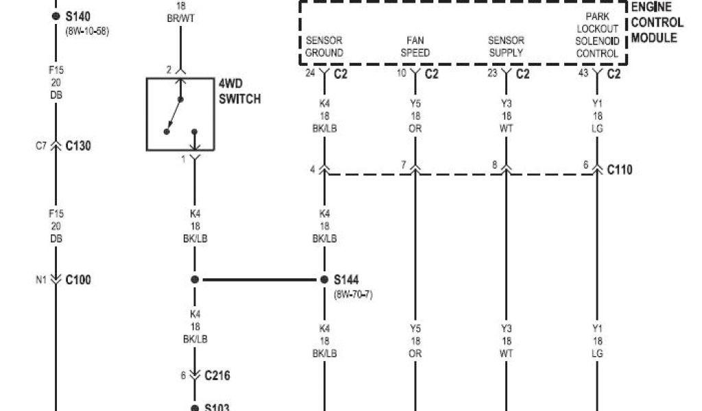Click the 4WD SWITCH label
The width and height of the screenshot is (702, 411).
pyautogui.click(x=239, y=92)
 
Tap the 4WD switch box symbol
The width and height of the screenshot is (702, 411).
pyautogui.click(x=180, y=114)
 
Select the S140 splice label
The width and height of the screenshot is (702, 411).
pyautogui.click(x=78, y=16)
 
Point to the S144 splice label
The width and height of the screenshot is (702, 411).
pyautogui.click(x=346, y=279)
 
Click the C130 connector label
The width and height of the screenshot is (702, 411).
pyautogui.click(x=78, y=146)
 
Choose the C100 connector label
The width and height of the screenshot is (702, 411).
pyautogui.click(x=78, y=279)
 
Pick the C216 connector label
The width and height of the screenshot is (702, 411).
pyautogui.click(x=217, y=375)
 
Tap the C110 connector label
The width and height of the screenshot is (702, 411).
pyautogui.click(x=620, y=169)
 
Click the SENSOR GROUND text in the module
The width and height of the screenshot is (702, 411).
pyautogui.click(x=324, y=47)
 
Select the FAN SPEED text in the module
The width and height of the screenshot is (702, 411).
pyautogui.click(x=415, y=47)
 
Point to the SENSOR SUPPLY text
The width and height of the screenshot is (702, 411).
pyautogui.click(x=506, y=47)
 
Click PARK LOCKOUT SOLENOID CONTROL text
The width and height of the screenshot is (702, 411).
pyautogui.click(x=597, y=34)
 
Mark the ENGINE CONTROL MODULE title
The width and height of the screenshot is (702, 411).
pyautogui.click(x=656, y=22)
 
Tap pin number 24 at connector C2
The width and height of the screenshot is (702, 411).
pyautogui.click(x=310, y=73)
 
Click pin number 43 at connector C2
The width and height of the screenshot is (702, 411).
pyautogui.click(x=583, y=73)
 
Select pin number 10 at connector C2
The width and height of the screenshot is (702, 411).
pyautogui.click(x=402, y=73)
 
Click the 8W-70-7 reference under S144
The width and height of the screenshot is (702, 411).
pyautogui.click(x=353, y=295)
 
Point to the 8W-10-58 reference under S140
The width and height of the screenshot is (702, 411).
pyautogui.click(x=88, y=31)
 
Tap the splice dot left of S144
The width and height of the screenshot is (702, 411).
pyautogui.click(x=195, y=279)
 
